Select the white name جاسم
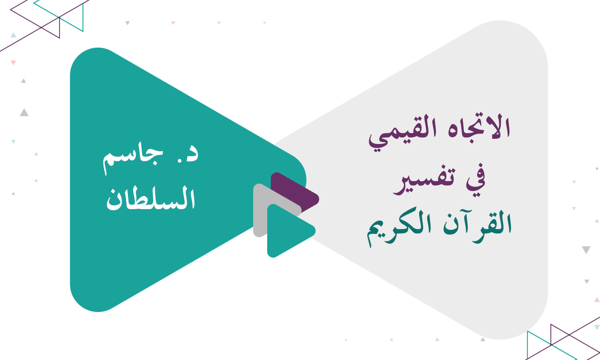tap(133, 161)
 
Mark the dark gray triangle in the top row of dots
tap(128, 23)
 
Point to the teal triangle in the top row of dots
tap(219, 23)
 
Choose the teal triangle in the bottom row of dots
tap(391, 339)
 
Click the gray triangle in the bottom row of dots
tap(483, 339)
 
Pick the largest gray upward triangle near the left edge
tap(24, 113)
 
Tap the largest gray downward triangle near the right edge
tap(586, 250)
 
